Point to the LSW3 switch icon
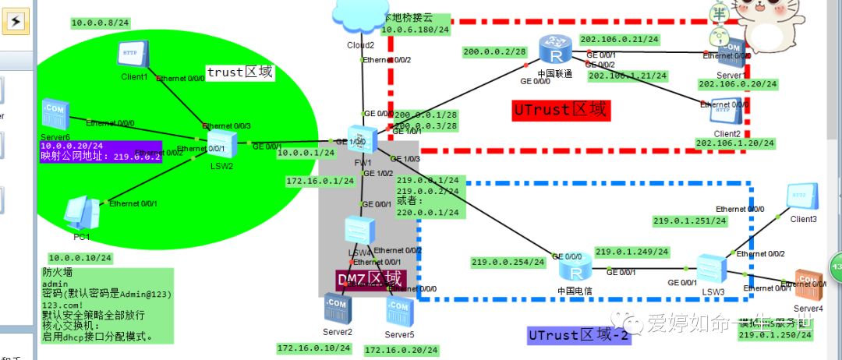click(x=711, y=269)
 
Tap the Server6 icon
click(x=56, y=117)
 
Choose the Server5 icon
click(x=399, y=312)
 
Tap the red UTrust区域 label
click(x=559, y=110)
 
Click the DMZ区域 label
click(x=370, y=278)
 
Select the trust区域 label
click(x=239, y=72)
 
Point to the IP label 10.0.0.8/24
click(x=100, y=23)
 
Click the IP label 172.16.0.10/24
click(x=315, y=348)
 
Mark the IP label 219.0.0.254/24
click(x=508, y=262)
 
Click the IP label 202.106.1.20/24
click(x=735, y=143)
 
